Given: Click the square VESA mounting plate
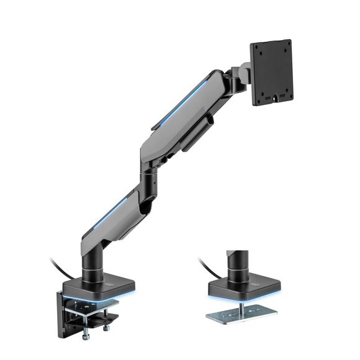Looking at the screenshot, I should coord(271,73).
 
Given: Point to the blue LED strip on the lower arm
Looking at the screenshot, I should coord(112,214).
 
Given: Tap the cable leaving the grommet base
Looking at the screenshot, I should coord(208,269).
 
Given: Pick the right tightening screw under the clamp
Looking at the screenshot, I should coord(107,325).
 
